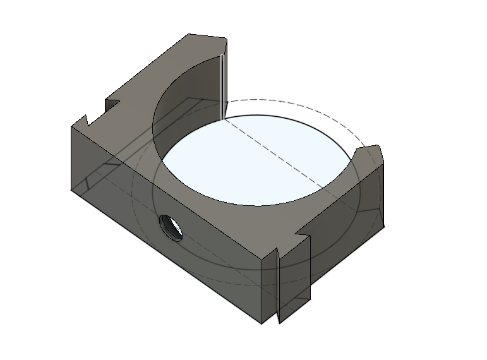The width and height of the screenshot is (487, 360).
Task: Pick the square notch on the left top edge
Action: point(112,104)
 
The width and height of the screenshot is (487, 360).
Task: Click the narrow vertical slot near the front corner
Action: point(279,284)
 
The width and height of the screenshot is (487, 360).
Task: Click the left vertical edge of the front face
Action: point(71,158)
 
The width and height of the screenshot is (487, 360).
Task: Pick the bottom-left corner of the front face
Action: point(71,189)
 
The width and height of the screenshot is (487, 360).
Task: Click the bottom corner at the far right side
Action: point(383,227)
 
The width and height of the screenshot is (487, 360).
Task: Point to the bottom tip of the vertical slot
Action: point(279,323)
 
